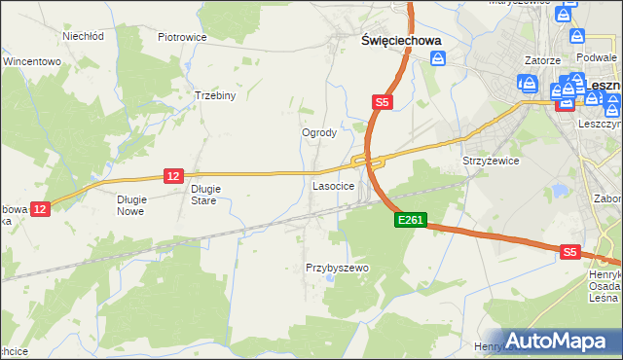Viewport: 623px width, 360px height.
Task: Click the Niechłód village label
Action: (83, 36)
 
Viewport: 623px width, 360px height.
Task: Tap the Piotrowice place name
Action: (182, 37)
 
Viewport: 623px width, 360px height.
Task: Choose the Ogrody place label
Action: (319, 132)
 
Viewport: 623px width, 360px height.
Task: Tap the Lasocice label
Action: (333, 185)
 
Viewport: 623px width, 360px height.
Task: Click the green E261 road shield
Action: (410, 221)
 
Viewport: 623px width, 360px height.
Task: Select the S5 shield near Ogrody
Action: (382, 101)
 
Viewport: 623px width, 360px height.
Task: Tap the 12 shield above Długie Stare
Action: (173, 175)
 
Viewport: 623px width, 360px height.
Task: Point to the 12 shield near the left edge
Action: (40, 208)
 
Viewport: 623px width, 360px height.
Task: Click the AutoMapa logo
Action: (558, 341)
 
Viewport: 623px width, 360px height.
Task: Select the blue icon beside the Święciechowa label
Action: (438, 59)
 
